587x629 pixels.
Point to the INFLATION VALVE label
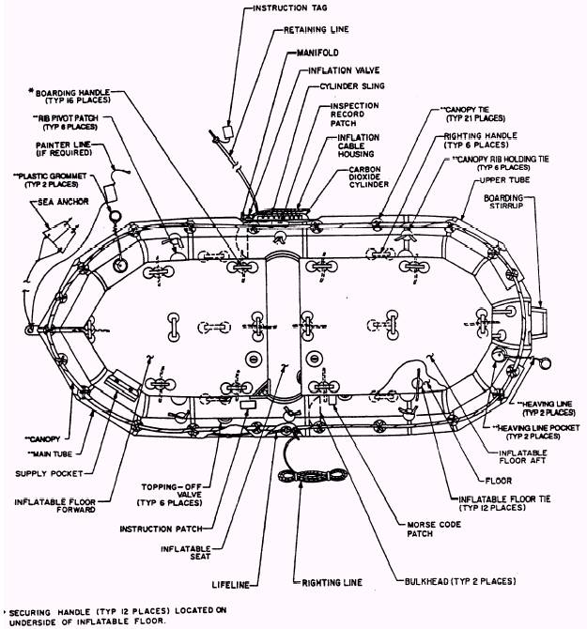coord(336,69)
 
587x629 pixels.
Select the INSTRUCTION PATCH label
coord(164,529)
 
